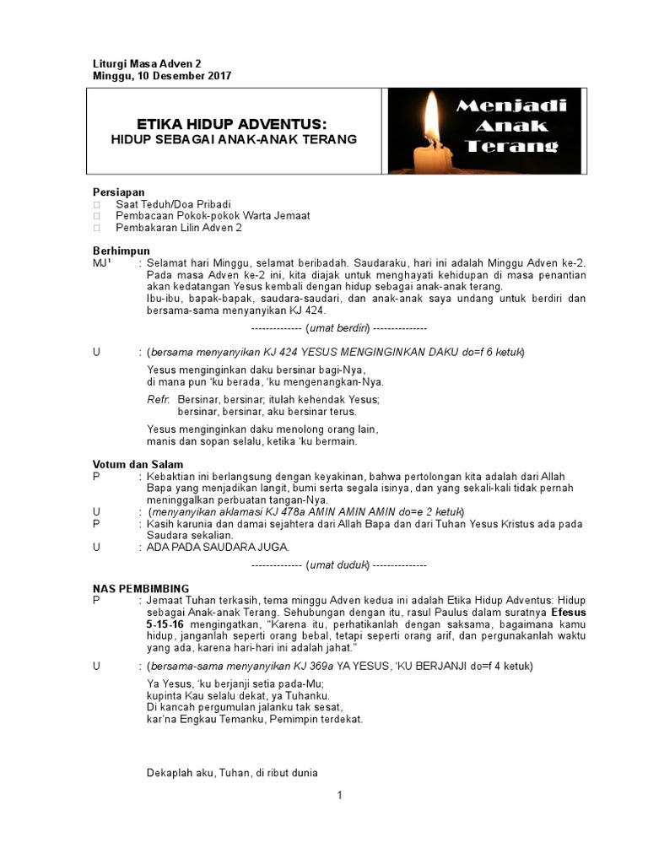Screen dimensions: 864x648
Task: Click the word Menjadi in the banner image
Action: tap(511, 106)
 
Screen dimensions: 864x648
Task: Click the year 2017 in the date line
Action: tap(217, 76)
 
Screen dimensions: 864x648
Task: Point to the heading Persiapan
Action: tap(120, 192)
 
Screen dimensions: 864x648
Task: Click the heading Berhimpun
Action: tap(121, 251)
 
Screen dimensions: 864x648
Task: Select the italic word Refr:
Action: tap(159, 399)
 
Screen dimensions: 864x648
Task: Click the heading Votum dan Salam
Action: tap(138, 464)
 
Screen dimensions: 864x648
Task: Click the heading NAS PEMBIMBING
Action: tap(141, 588)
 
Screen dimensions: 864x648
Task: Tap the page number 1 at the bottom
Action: tap(338, 795)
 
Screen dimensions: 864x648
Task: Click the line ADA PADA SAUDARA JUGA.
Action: tap(218, 547)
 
